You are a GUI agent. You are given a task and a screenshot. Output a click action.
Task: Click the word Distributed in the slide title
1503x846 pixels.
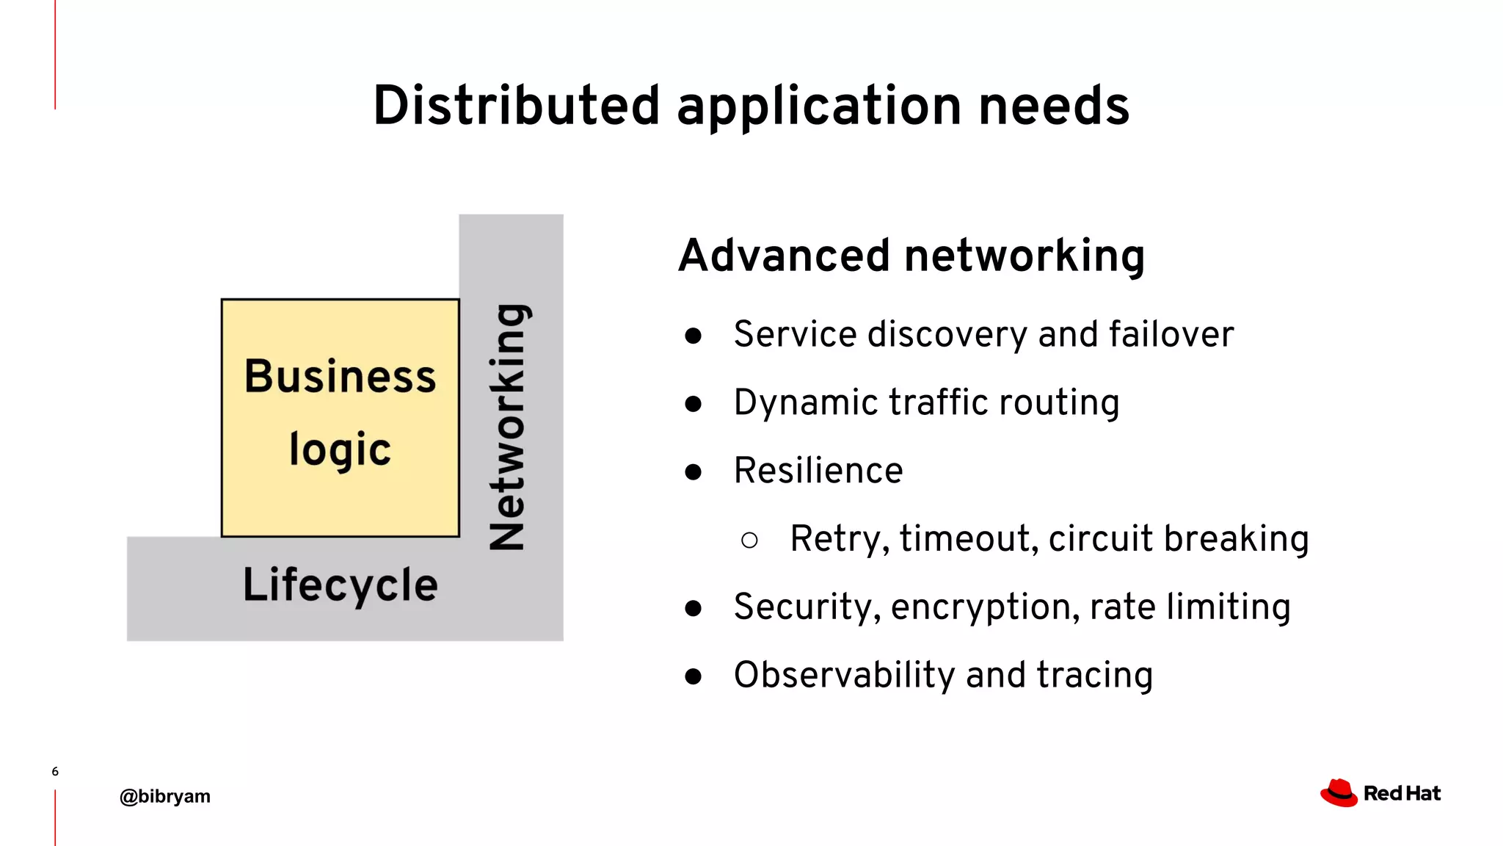pos(516,106)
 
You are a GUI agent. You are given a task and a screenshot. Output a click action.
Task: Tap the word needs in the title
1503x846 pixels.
pos(1054,106)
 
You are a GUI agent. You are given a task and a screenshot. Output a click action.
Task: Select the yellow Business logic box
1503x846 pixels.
pos(340,417)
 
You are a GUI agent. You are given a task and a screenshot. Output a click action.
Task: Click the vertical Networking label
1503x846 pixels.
pos(508,427)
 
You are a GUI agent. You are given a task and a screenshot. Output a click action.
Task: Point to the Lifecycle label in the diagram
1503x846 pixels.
pos(340,585)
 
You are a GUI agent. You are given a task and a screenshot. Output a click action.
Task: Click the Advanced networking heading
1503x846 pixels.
pos(911,256)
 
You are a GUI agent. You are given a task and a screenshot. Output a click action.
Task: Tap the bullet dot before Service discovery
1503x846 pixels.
pos(693,336)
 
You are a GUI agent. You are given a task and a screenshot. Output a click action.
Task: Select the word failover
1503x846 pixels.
pos(1171,334)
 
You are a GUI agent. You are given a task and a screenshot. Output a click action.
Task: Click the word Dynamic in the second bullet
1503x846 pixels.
pos(805,403)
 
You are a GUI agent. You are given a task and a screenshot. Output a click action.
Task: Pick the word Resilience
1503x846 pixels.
pos(818,471)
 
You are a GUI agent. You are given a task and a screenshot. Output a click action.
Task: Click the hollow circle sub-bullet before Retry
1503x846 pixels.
pos(749,541)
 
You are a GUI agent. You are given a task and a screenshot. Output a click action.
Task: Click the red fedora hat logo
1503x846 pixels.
pos(1339,793)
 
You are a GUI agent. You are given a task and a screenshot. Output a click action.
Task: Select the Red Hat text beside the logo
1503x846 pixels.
pos(1402,794)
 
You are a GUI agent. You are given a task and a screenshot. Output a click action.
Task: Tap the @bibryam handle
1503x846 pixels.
pos(165,797)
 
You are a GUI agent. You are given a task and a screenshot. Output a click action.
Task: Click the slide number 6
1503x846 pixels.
pos(55,771)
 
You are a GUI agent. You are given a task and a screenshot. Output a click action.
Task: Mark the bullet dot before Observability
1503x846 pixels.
pos(693,676)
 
